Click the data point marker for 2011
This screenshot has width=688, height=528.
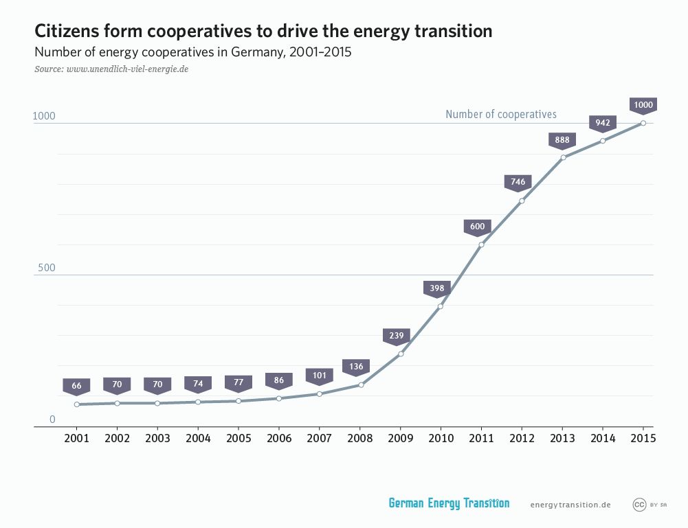(481, 245)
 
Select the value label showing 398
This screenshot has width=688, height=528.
(437, 288)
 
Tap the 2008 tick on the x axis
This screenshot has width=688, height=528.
(360, 438)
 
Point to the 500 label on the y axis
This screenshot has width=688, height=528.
(46, 268)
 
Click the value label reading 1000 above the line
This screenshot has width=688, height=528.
(643, 105)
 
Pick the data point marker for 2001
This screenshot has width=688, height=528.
(76, 404)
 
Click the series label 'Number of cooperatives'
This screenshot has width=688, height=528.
(500, 114)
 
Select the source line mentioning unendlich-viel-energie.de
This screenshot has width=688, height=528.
(111, 69)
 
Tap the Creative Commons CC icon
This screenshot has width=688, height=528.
(639, 505)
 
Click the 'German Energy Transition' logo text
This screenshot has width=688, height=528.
(449, 503)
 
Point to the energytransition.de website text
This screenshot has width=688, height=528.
(570, 505)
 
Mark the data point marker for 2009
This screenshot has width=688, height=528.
(401, 354)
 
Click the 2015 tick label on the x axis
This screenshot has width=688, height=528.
(643, 438)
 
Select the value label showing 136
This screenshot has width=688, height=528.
(356, 367)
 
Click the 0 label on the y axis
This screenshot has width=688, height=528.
(52, 420)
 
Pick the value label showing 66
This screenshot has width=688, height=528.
(76, 386)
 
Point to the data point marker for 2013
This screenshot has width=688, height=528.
(563, 158)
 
